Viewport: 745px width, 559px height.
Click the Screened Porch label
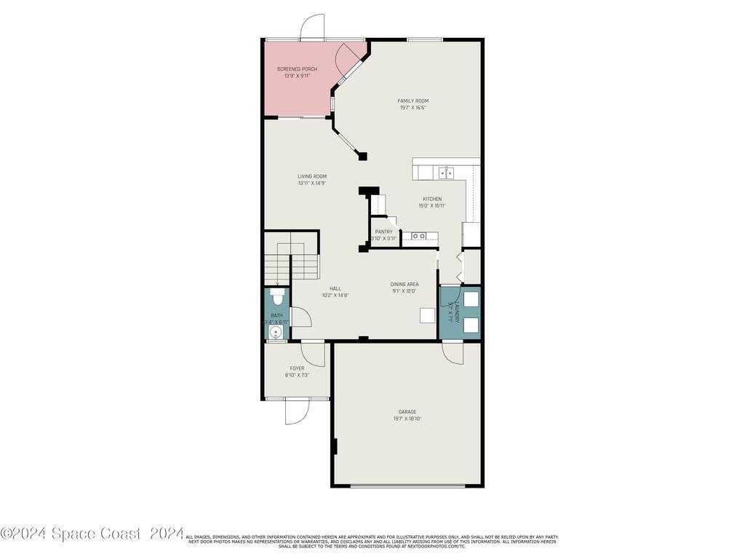[297, 68]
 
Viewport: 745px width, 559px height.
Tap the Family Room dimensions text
[413, 108]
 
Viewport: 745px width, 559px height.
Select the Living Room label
[311, 176]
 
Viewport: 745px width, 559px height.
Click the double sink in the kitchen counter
[446, 173]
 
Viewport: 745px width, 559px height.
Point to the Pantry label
[383, 231]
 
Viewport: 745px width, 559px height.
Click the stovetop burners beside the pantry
[419, 236]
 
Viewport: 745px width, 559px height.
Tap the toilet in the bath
[276, 298]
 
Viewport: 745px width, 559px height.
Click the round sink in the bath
[275, 333]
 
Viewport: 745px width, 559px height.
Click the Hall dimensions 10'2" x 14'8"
[335, 295]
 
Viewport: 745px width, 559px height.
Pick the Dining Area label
[404, 285]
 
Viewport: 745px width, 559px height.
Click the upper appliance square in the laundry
[470, 299]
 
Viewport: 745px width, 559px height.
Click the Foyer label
[297, 368]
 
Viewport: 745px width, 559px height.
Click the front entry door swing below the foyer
[297, 411]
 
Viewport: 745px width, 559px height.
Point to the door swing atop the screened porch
[313, 27]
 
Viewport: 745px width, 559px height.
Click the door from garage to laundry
[452, 353]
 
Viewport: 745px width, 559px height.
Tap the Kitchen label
[432, 199]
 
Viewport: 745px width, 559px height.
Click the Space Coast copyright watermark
[92, 534]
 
